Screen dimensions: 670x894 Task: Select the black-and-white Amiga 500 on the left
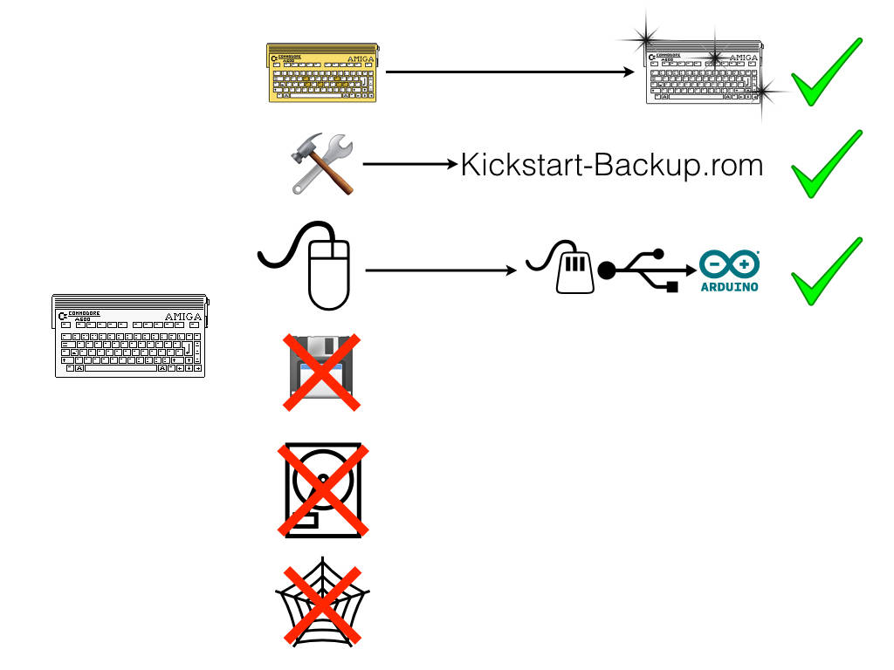point(128,336)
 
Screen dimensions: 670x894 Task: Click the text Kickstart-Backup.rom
point(611,164)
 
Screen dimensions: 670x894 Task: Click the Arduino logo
point(730,271)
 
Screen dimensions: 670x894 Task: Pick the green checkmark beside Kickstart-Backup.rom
point(824,166)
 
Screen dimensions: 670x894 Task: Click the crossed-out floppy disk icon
point(321,370)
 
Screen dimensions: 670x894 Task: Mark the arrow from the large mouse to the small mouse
point(442,270)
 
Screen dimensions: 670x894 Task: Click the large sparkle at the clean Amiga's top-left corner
point(647,38)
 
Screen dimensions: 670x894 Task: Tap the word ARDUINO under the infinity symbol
point(730,286)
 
